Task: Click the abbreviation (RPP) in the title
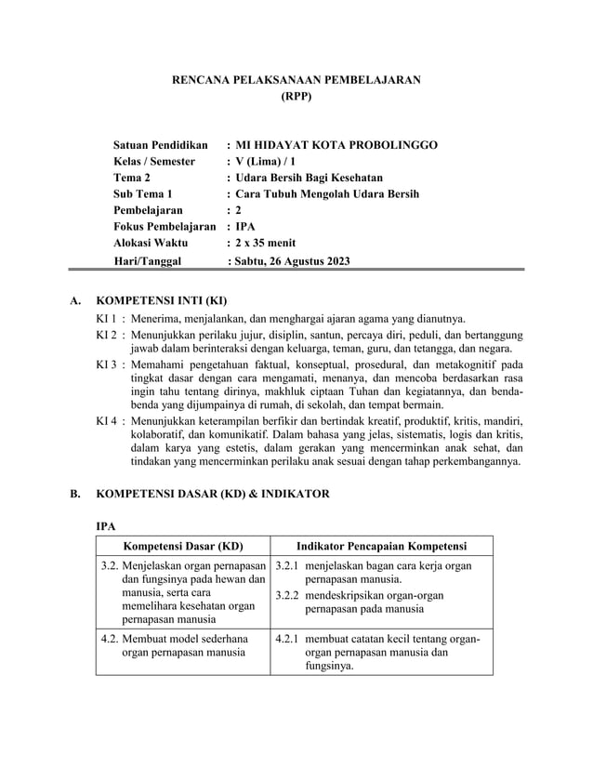pyautogui.click(x=296, y=96)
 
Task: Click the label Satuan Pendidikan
pyautogui.click(x=160, y=145)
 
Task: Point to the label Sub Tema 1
pyautogui.click(x=143, y=194)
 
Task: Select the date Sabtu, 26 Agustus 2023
pyautogui.click(x=293, y=261)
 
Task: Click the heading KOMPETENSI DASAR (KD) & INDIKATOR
pyautogui.click(x=213, y=494)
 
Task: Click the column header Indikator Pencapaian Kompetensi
pyautogui.click(x=381, y=546)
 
